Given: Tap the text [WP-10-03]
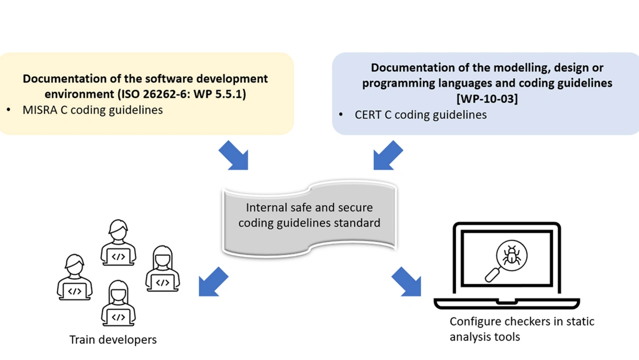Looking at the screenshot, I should click(x=487, y=98).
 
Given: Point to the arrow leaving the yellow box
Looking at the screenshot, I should click(x=234, y=155).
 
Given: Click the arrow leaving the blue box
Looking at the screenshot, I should click(x=388, y=155).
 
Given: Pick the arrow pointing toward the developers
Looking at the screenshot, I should click(x=213, y=281).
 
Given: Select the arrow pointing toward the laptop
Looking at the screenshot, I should click(x=406, y=281).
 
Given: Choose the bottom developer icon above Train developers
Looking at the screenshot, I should click(x=118, y=303).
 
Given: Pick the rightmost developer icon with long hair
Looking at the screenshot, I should click(x=162, y=269).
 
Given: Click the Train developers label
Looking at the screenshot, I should click(x=113, y=340).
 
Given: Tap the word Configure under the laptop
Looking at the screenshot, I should click(x=472, y=321).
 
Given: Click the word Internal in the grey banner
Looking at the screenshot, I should click(x=266, y=207).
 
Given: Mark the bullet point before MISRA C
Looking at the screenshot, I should click(x=8, y=110).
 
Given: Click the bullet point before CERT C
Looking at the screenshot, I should click(x=341, y=115).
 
